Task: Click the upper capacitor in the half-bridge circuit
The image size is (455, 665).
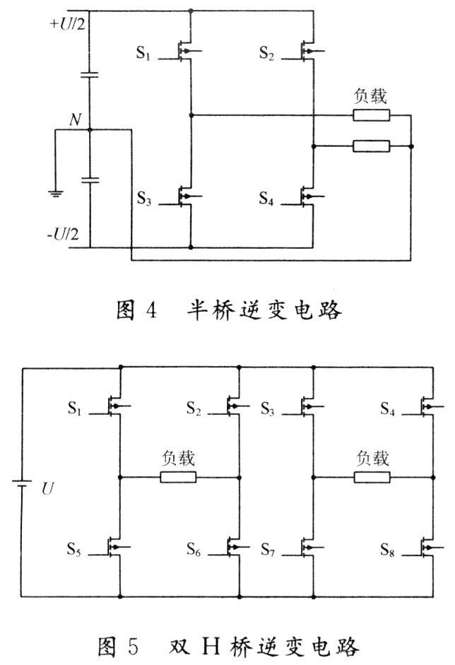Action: (x=90, y=75)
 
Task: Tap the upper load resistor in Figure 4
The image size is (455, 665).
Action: (x=371, y=114)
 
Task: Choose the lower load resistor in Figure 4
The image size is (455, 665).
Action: (x=371, y=146)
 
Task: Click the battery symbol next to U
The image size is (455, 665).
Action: (x=21, y=485)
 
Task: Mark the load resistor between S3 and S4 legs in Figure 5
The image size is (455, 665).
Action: (x=372, y=477)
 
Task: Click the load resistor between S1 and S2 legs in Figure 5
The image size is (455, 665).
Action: (x=178, y=477)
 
